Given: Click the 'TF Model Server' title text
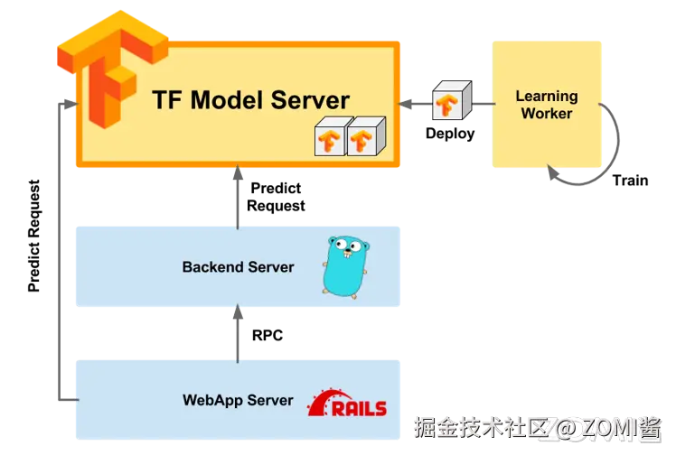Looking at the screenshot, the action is click(x=250, y=100).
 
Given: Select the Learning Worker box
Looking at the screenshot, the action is click(x=547, y=104).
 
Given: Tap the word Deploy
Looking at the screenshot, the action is click(x=450, y=134).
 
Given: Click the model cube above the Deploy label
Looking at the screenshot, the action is click(x=452, y=100).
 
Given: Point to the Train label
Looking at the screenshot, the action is click(x=630, y=181).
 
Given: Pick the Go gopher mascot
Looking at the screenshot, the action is click(x=346, y=267).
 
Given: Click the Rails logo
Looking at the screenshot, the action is click(x=347, y=403).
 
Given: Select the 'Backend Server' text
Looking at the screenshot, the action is click(x=238, y=267).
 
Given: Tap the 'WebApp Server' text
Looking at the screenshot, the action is click(x=238, y=400).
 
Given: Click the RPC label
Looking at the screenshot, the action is click(x=268, y=335).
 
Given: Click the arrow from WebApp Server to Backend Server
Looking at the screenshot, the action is click(x=238, y=333).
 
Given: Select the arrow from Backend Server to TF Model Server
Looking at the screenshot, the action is click(x=238, y=197).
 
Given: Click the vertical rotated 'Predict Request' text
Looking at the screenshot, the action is click(x=33, y=236).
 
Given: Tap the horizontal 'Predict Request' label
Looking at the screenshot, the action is click(x=276, y=197).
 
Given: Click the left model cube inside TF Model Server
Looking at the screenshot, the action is click(x=331, y=136).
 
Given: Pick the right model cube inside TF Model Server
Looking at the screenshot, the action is click(x=366, y=136).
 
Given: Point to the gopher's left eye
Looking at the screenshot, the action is click(x=341, y=245).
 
